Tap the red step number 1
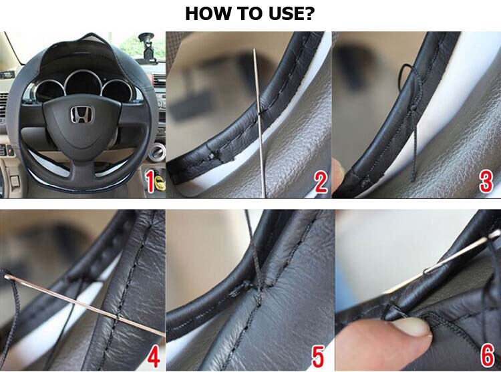coord(150,182)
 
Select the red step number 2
coord(321,182)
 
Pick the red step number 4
coord(153,357)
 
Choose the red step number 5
coord(318,357)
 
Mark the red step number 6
coord(488,357)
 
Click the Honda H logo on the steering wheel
coord(81,114)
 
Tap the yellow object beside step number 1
coord(160,182)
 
